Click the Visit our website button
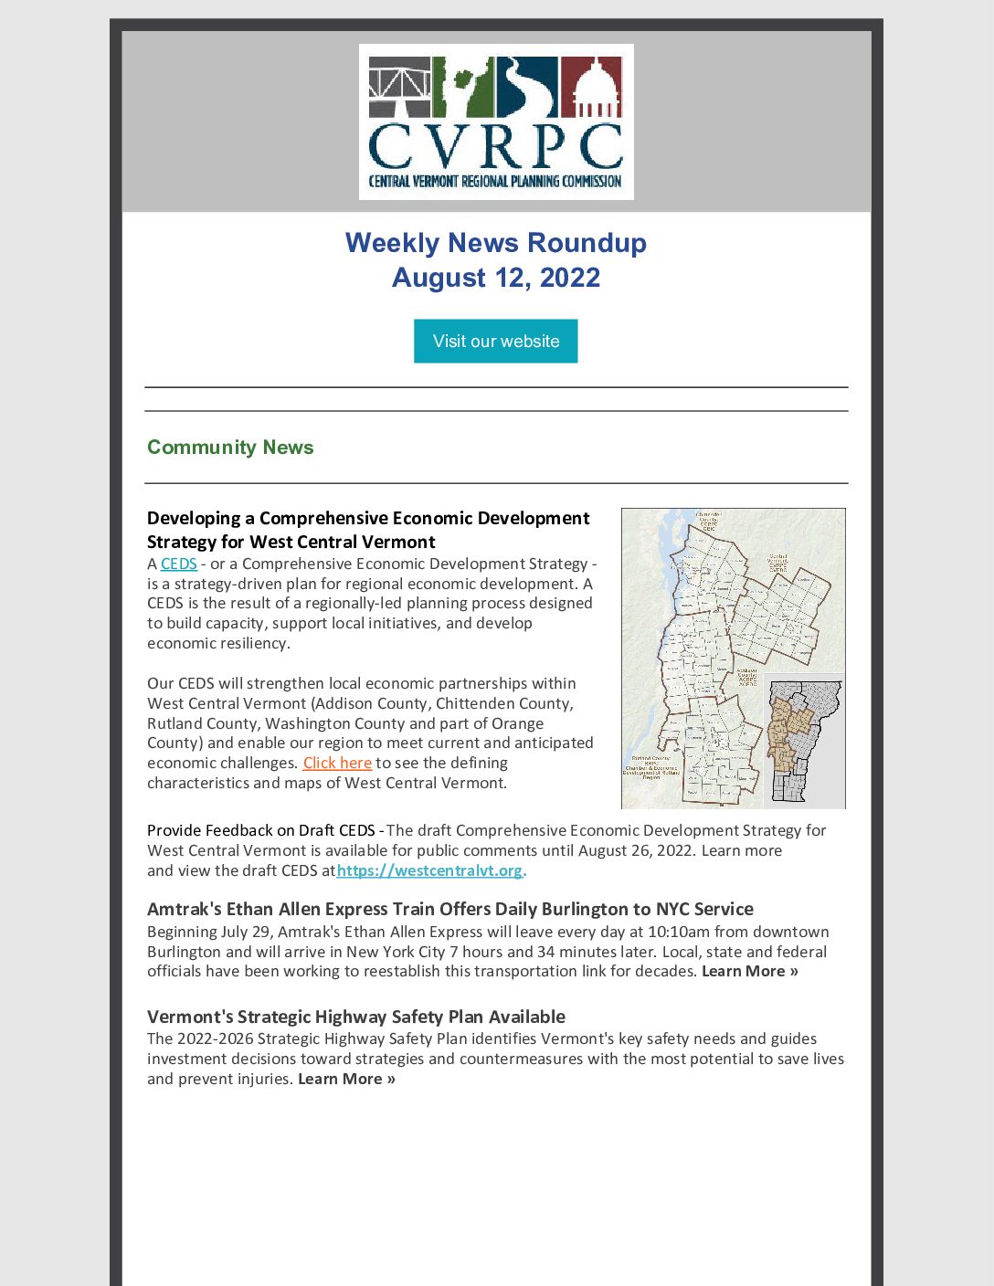click(x=495, y=341)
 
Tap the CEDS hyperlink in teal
click(x=179, y=564)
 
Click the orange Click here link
click(x=337, y=763)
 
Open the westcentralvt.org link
click(x=429, y=870)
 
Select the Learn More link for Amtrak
click(x=749, y=971)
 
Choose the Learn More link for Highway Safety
click(x=346, y=1079)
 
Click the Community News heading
click(x=230, y=448)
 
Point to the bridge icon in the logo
click(x=399, y=87)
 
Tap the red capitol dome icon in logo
click(x=591, y=87)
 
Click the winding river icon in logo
click(x=527, y=87)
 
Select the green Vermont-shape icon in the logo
click(x=463, y=87)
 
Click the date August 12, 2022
click(x=495, y=278)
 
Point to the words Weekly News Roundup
click(x=495, y=243)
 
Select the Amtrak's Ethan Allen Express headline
click(x=449, y=909)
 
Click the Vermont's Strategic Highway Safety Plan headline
click(x=355, y=1017)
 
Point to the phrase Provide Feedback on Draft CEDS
click(x=260, y=830)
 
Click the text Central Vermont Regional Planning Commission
click(x=495, y=181)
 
